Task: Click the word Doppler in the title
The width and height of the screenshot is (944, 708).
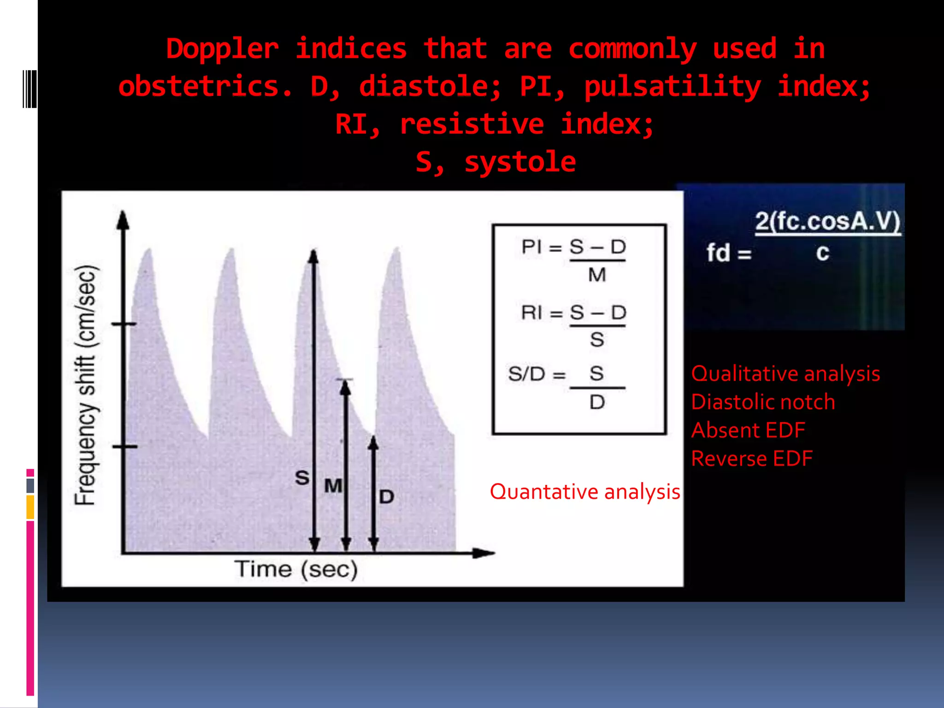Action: coord(222,49)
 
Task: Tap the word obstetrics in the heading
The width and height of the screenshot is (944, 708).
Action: coord(205,87)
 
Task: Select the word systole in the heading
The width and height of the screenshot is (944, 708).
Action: coord(520,162)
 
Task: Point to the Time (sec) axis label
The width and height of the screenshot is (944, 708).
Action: coord(296,569)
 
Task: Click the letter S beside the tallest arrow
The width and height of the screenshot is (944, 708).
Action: coord(302,478)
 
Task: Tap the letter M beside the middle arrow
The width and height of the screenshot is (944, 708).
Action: coord(333,486)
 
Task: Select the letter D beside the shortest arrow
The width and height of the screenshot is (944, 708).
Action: coord(386,497)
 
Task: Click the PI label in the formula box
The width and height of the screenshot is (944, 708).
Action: coord(531,247)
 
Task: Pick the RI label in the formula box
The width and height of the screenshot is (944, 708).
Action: coord(531,313)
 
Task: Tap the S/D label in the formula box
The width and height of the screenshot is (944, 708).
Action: coord(526,374)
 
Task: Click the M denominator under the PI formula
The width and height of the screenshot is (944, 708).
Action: coord(597,276)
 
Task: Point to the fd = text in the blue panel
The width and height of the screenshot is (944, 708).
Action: coord(729,254)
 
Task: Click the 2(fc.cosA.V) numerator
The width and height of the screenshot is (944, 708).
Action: coord(827,222)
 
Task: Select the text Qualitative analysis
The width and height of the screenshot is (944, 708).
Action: coord(785,374)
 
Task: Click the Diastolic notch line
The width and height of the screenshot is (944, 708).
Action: coord(763,402)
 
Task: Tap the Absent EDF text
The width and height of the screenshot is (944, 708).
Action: coord(748,431)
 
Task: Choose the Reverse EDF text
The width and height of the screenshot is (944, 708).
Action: coord(752,459)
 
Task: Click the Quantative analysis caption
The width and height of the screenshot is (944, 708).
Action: coord(585,492)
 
